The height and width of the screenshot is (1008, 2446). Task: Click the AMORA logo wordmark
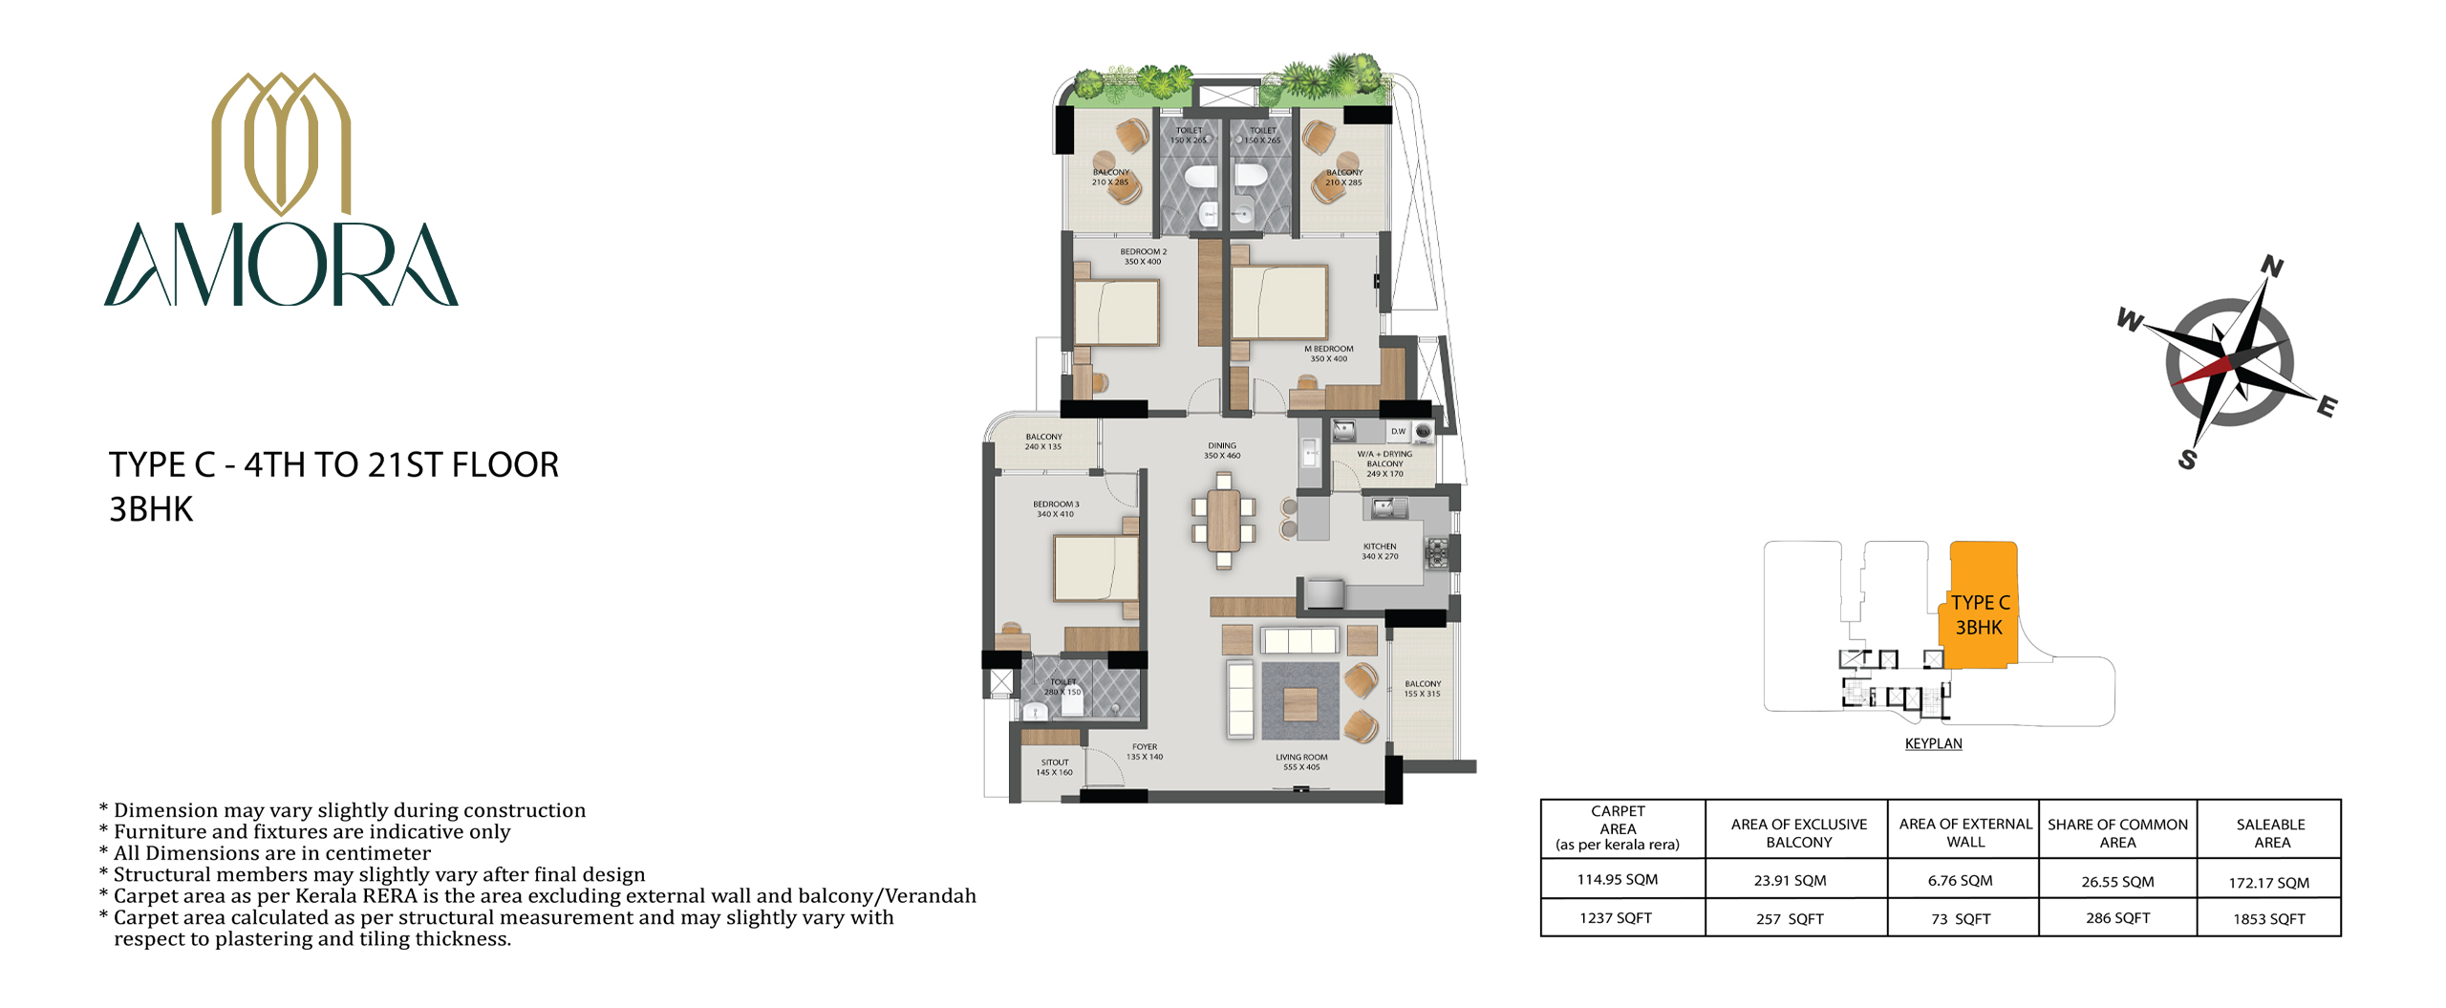click(281, 265)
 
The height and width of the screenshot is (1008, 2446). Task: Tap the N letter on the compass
click(2272, 267)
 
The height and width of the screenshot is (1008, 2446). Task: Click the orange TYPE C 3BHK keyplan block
click(1980, 605)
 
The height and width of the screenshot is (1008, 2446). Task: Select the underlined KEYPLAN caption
click(1933, 743)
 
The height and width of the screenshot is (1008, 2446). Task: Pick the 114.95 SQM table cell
click(1617, 879)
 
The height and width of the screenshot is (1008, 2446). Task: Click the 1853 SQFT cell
click(2268, 919)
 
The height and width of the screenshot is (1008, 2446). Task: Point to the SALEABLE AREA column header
click(2271, 833)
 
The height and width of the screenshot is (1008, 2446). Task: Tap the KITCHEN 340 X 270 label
click(1380, 551)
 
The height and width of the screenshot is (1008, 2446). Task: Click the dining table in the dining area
click(1224, 521)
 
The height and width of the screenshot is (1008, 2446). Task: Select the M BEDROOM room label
click(1329, 354)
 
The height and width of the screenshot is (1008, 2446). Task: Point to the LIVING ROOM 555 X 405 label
click(1301, 761)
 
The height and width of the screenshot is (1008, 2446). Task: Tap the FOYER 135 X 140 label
click(1145, 752)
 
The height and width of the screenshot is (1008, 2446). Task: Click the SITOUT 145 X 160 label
click(1055, 767)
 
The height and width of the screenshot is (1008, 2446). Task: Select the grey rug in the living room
click(1300, 701)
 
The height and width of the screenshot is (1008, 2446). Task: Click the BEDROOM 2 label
click(1144, 256)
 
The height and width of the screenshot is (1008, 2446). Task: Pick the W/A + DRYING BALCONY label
click(1384, 463)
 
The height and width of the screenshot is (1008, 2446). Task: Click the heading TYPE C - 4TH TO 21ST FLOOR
click(333, 465)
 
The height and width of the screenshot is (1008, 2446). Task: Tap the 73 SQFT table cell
click(1961, 919)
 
